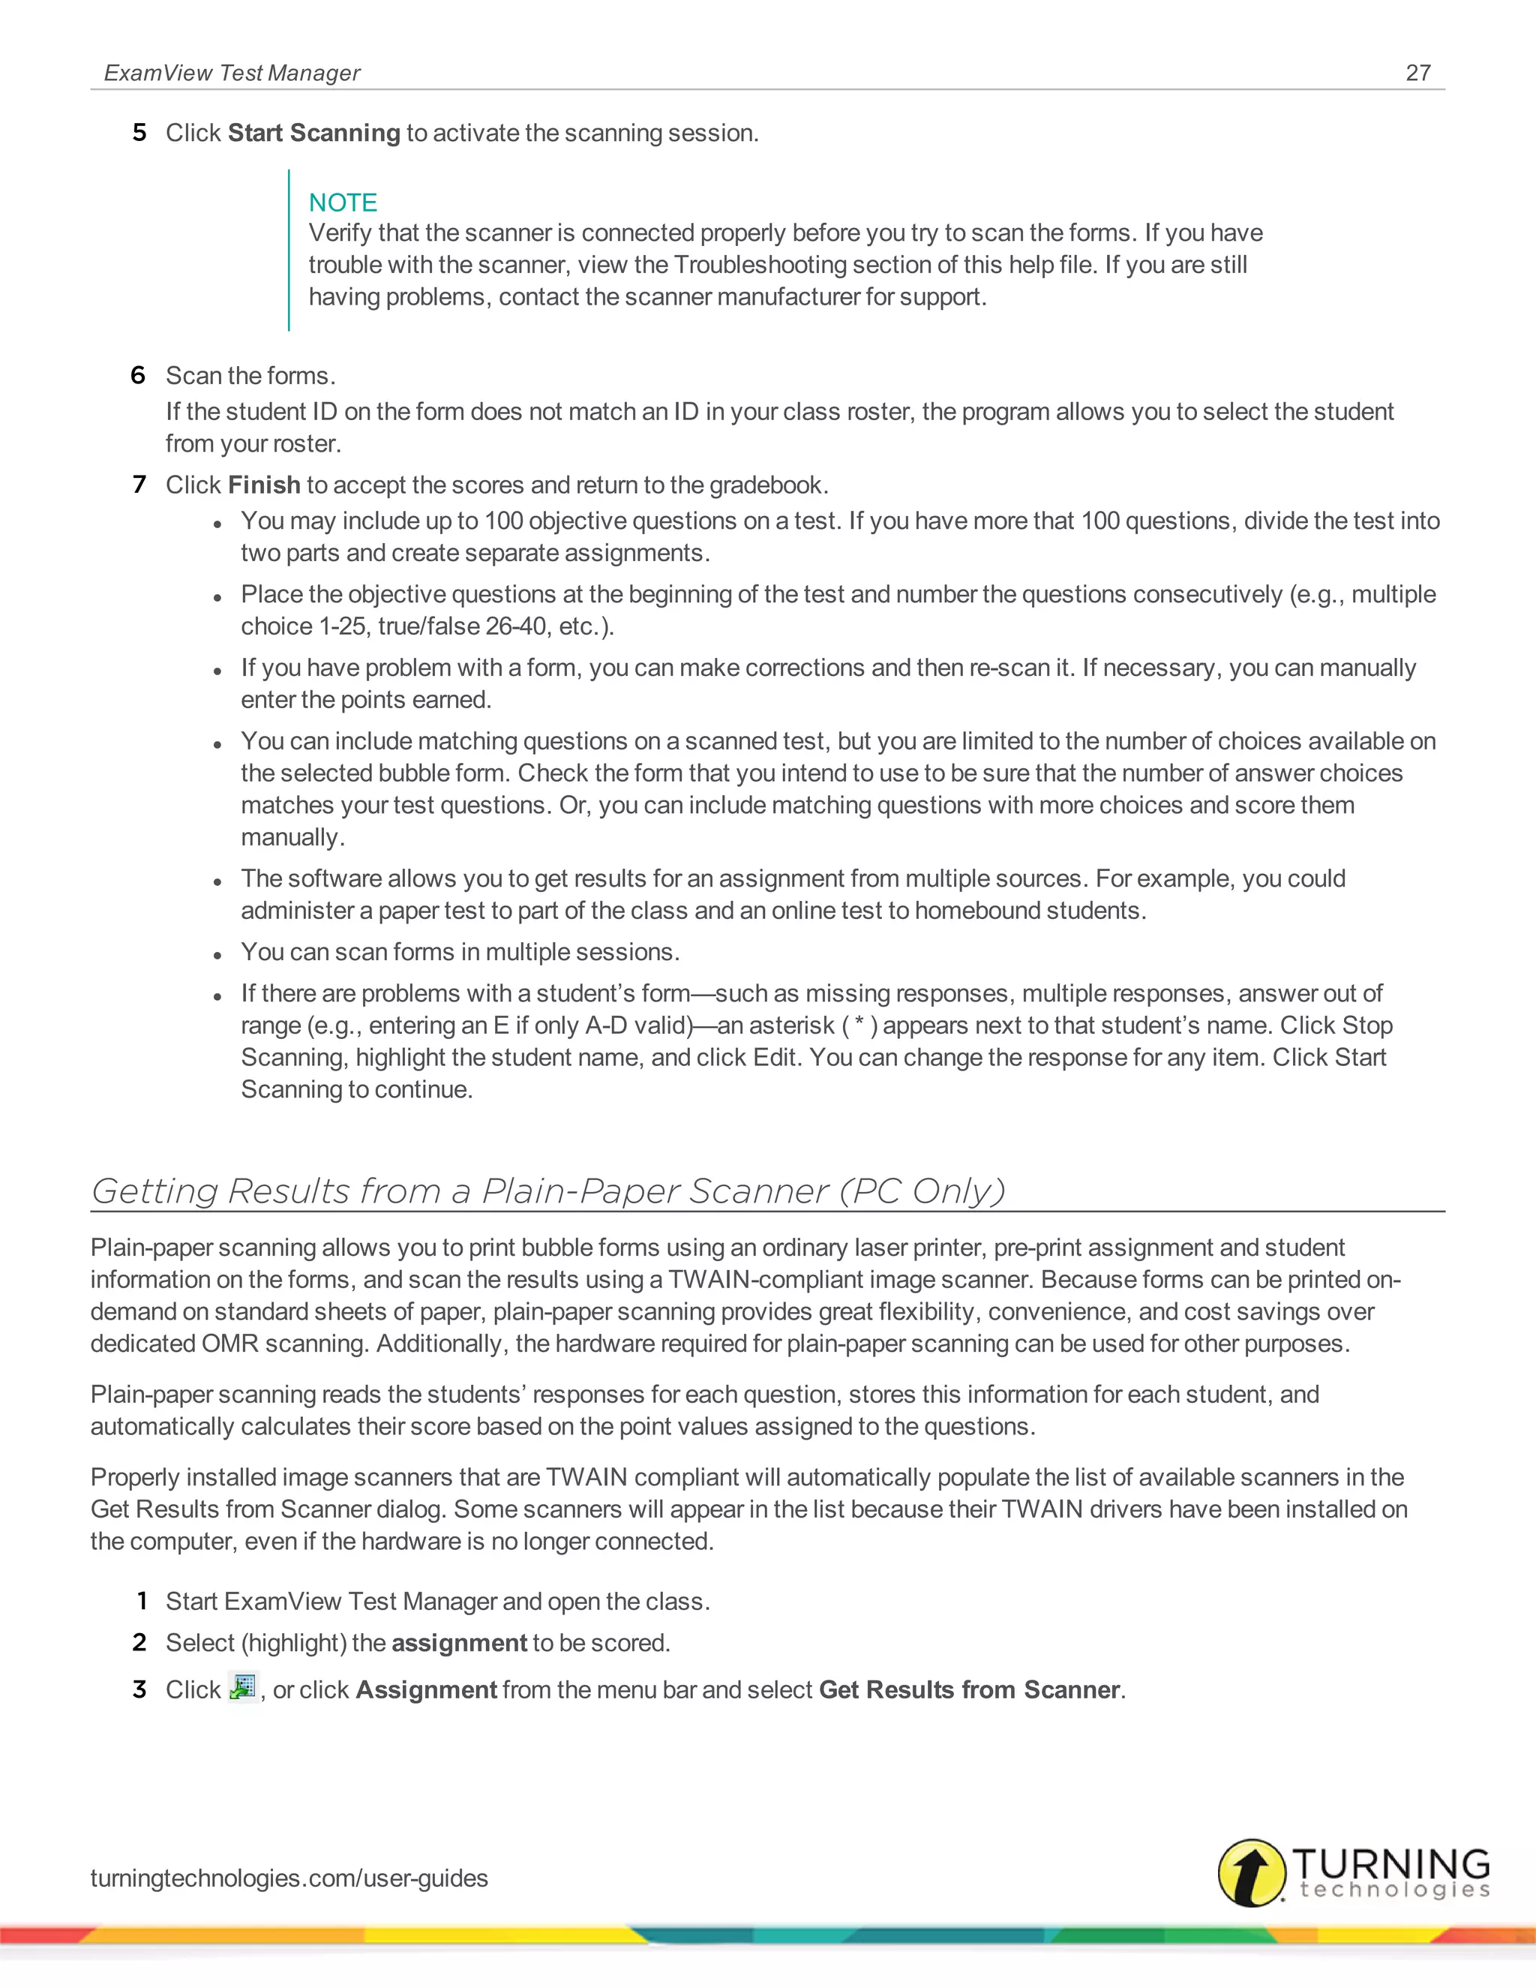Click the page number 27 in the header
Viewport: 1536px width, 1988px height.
tap(1417, 73)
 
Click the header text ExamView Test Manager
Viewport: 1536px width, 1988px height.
tap(232, 73)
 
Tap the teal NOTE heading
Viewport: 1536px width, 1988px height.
tap(342, 202)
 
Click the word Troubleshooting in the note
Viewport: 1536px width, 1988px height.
tap(751, 265)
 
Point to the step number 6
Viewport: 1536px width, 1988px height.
tap(138, 375)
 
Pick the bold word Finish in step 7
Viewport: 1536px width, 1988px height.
tap(264, 485)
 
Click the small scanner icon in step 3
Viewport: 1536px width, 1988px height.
tap(242, 1688)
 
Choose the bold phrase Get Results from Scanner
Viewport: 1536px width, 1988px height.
tap(969, 1690)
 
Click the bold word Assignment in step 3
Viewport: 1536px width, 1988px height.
tap(426, 1690)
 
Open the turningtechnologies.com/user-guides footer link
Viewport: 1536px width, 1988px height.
tap(289, 1878)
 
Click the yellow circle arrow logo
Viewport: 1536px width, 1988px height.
tap(1252, 1873)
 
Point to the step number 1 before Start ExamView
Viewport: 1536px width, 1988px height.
tap(142, 1601)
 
